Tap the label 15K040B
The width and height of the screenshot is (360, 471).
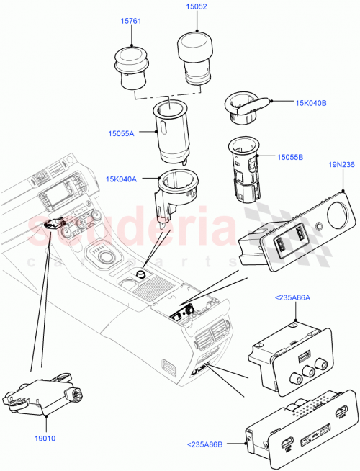(310, 103)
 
